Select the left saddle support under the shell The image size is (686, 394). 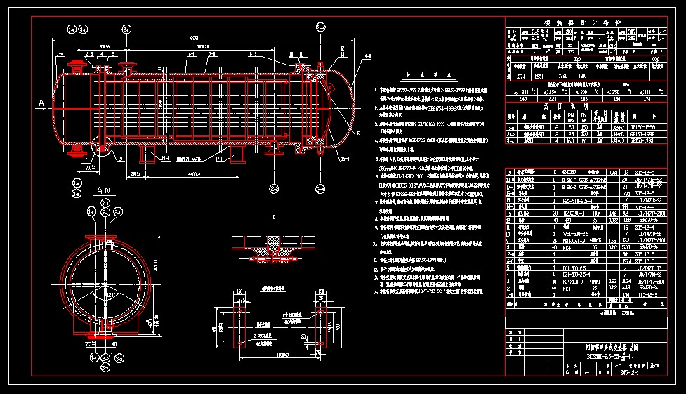pos(150,154)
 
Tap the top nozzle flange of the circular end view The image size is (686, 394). pos(100,236)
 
